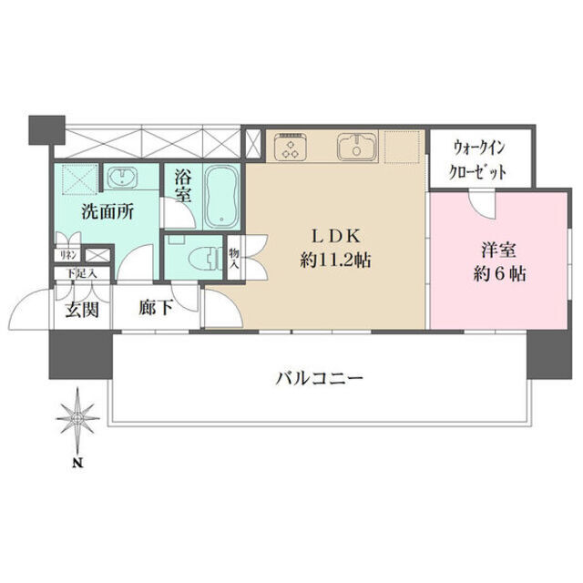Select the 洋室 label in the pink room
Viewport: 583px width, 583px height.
(x=496, y=249)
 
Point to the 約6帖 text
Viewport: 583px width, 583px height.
(x=496, y=272)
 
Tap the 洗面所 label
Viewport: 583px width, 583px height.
(x=108, y=211)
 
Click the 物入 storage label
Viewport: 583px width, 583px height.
(x=234, y=257)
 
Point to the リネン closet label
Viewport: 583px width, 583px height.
(x=68, y=256)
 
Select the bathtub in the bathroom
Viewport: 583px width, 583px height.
(x=220, y=197)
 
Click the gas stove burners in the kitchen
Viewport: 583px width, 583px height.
(x=292, y=148)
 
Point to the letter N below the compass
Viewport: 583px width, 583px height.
(x=79, y=463)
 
